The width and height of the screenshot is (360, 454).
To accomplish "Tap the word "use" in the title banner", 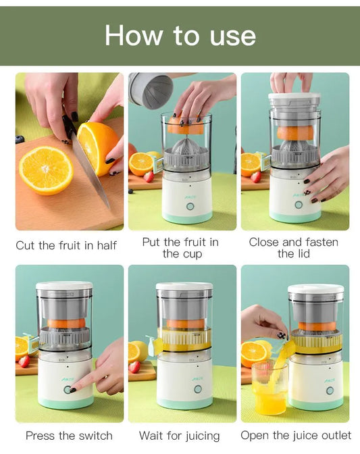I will click(x=230, y=35).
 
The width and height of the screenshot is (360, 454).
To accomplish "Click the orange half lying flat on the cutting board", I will click(x=46, y=170).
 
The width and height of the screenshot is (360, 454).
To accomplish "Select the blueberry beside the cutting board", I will click(x=20, y=139).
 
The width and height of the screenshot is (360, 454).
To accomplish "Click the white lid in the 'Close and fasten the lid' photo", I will click(x=294, y=99).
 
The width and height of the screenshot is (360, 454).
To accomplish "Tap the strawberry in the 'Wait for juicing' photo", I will click(x=134, y=366).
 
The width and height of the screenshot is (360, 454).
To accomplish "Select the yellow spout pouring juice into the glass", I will click(x=284, y=352).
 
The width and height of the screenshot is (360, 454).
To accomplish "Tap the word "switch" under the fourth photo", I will click(x=94, y=436).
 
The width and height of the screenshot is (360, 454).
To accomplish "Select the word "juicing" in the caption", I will click(x=199, y=436).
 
